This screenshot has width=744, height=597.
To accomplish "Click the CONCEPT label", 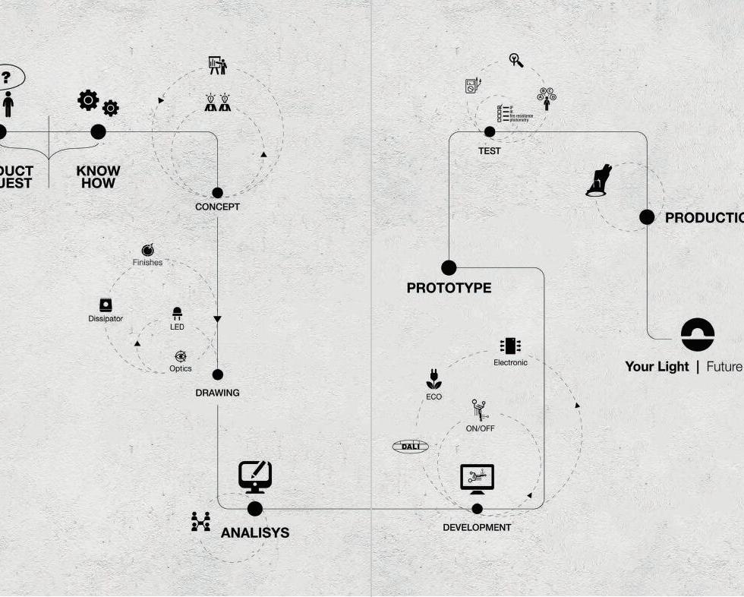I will click(x=217, y=207).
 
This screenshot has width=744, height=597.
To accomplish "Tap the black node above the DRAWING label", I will click(x=218, y=374).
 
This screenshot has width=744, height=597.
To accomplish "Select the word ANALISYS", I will click(x=255, y=533).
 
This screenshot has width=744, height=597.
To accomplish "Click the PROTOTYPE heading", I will click(x=449, y=288).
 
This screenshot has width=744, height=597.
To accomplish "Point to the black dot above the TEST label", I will click(x=490, y=132).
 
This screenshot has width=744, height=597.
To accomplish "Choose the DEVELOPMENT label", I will click(x=477, y=527).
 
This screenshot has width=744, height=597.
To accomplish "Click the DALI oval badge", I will click(x=410, y=447).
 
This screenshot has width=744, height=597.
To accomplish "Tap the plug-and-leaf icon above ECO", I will click(x=433, y=380).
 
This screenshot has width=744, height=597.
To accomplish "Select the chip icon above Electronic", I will click(x=510, y=346).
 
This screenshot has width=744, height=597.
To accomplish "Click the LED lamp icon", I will click(x=177, y=313).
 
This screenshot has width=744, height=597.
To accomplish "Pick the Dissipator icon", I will click(x=106, y=305).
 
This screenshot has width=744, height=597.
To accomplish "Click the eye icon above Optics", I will click(x=181, y=356).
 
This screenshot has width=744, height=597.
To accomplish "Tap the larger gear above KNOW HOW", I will click(x=88, y=99).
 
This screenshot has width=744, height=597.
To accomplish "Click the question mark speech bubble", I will click(x=7, y=77).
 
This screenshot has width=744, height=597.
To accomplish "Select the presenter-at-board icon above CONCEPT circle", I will click(x=217, y=65).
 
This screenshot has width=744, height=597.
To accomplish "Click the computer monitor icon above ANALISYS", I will click(x=255, y=476).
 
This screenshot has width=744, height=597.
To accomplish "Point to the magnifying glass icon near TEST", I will click(x=516, y=60).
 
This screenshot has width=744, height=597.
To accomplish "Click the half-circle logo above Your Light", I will click(x=698, y=334).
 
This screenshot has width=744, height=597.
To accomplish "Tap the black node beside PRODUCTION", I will click(x=647, y=217).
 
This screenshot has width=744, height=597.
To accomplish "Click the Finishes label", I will click(x=147, y=263).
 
